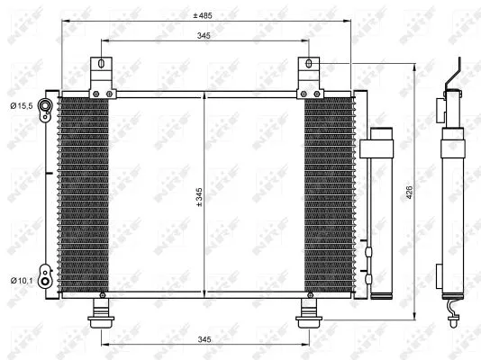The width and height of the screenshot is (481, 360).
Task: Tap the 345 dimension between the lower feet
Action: [204, 338]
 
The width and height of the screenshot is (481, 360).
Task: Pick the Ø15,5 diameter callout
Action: [22, 106]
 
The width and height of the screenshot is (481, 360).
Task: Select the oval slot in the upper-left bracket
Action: [100, 65]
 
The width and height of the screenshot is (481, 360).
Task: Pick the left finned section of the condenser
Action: [84, 193]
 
